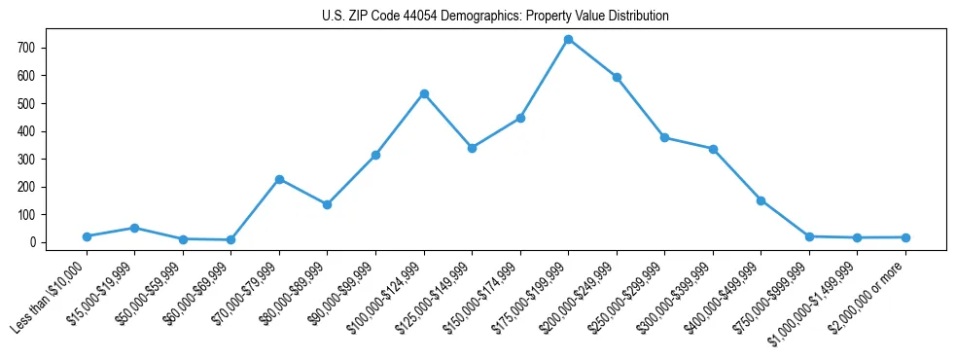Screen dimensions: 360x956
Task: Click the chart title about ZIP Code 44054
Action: tap(495, 17)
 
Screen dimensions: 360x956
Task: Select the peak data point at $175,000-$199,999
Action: tap(568, 39)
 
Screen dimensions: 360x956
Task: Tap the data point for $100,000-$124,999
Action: tap(424, 93)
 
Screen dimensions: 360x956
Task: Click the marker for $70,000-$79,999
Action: tap(279, 179)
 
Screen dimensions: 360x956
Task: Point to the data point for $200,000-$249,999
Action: tap(617, 77)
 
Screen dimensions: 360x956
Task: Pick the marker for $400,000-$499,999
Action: tap(761, 200)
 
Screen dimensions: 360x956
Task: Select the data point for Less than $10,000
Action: tap(87, 236)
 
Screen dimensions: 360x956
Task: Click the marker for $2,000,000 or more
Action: tap(905, 237)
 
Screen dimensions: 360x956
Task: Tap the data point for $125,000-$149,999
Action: tap(472, 148)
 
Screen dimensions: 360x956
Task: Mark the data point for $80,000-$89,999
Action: tap(328, 204)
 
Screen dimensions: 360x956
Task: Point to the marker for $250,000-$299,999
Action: tap(664, 137)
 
